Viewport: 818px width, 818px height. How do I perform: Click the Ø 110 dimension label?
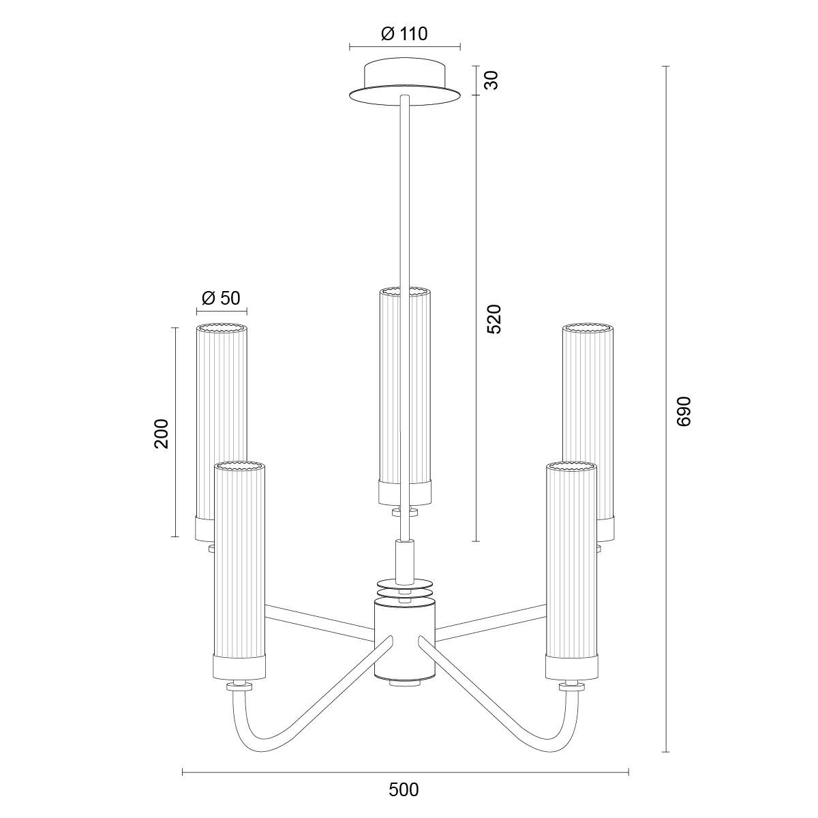[x=404, y=33]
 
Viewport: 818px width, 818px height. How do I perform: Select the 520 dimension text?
[x=494, y=318]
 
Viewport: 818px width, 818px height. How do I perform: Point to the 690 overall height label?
[x=684, y=411]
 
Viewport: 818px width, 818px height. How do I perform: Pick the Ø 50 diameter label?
[x=221, y=298]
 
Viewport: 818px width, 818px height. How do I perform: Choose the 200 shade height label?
[x=162, y=434]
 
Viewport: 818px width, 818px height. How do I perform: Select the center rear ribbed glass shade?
[x=404, y=397]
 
